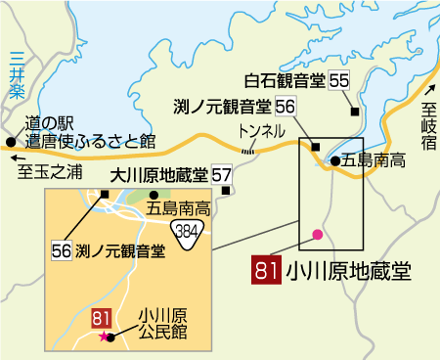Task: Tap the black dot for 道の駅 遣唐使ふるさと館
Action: tap(11, 142)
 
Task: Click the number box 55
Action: tap(338, 80)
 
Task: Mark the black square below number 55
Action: tap(354, 111)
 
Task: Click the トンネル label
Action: tap(262, 131)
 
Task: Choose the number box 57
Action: tap(222, 176)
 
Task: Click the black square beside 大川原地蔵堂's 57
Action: tap(229, 191)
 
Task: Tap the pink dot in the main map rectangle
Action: tap(316, 234)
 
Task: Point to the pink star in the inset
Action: tap(103, 337)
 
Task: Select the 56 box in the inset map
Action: tap(60, 250)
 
